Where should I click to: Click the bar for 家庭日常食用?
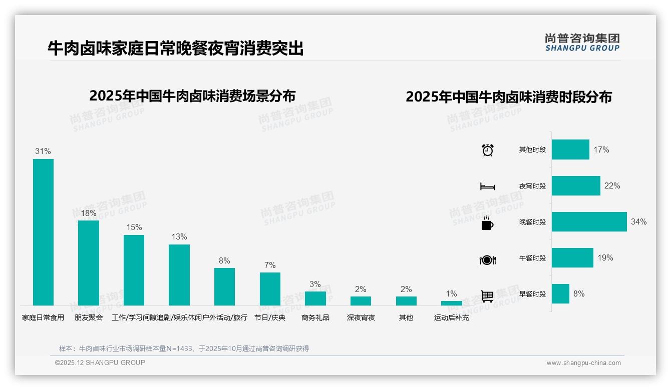point(43,232)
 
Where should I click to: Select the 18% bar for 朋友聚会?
point(89,262)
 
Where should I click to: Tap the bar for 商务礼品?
point(315,298)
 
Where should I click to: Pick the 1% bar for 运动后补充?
point(452,303)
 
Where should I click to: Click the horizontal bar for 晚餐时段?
point(589,222)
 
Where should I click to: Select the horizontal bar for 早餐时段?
point(560,294)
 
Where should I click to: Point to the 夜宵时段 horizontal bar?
point(576,186)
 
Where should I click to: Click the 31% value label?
point(43,151)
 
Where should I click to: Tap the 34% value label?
point(638,222)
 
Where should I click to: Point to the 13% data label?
point(179,236)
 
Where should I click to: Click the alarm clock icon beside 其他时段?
point(487,150)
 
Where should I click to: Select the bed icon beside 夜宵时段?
point(487,186)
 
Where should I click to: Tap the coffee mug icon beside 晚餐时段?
point(487,223)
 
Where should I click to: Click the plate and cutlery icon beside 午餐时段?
point(487,259)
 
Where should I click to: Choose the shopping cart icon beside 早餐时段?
point(487,296)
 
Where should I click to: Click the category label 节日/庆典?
point(270,317)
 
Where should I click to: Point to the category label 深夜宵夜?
point(361,317)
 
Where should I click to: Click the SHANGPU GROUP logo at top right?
point(582,42)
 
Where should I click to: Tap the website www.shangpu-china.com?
point(583,363)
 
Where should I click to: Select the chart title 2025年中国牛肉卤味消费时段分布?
point(509,97)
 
